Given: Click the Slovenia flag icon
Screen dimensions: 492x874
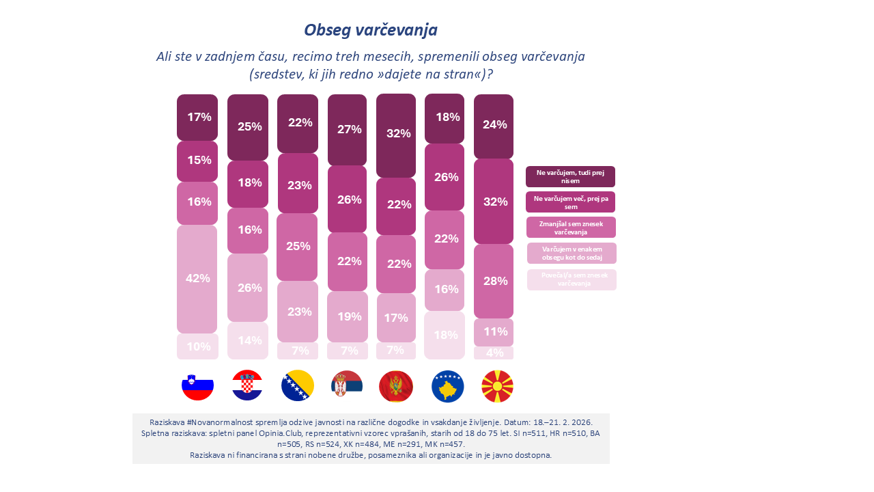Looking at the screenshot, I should click(x=197, y=386).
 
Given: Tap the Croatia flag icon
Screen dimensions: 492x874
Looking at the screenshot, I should click(x=247, y=386).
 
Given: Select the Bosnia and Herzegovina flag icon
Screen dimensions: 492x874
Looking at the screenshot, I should click(x=298, y=386).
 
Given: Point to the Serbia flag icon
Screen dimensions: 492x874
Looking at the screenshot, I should click(x=348, y=386).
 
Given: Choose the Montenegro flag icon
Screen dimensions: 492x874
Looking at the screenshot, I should click(x=396, y=386).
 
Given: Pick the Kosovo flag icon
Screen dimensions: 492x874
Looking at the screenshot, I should click(x=447, y=386).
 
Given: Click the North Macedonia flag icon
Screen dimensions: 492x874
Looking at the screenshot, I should click(x=498, y=386).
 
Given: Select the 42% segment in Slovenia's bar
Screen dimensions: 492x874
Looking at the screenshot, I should click(x=197, y=279).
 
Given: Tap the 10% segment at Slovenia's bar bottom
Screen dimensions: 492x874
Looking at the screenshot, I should click(x=197, y=346).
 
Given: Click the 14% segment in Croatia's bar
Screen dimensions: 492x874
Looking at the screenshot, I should click(x=247, y=340).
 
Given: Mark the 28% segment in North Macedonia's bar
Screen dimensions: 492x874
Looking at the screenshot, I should click(x=494, y=281).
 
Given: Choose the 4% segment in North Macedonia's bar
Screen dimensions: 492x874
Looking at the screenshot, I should click(x=494, y=353).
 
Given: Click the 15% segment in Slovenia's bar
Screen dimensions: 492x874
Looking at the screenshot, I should click(x=197, y=161).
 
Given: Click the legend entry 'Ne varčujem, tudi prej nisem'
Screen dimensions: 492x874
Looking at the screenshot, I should click(x=570, y=176).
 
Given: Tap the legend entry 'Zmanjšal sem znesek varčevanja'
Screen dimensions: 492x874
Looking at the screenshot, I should click(x=571, y=228).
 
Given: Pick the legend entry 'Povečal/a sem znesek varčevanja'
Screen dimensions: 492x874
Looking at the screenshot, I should click(x=572, y=279).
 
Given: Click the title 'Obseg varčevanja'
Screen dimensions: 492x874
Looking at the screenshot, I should click(x=371, y=30).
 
